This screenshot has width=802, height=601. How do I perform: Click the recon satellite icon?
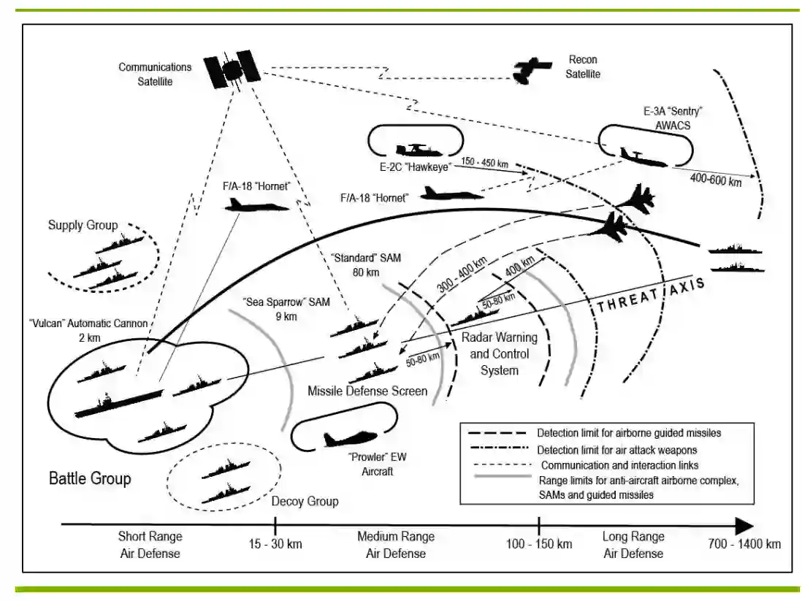coord(531,70)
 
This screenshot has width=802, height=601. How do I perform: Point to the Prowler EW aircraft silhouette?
coord(349,438)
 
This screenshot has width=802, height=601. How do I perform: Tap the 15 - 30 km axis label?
coord(275,544)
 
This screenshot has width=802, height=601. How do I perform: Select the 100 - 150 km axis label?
coord(539,544)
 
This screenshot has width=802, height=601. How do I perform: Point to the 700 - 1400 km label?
coord(744,544)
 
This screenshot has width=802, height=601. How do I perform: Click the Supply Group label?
coord(83,224)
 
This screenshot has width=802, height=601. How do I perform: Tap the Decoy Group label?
coord(305,502)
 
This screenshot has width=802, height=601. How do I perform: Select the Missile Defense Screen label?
coord(367,391)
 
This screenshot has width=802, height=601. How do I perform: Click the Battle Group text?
coord(90,479)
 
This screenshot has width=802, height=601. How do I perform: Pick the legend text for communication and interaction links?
coord(617,465)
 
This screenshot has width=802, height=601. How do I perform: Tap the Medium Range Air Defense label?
coord(395,545)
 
